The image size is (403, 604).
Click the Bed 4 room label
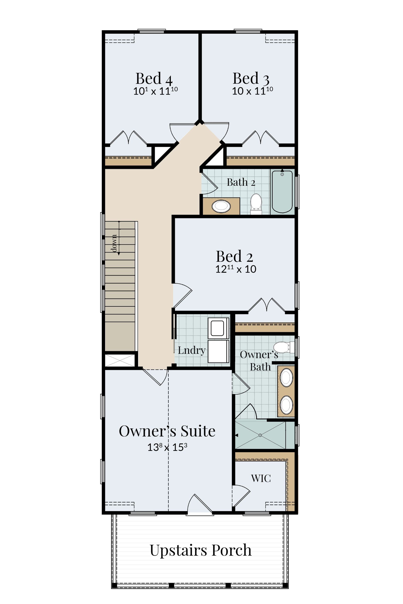[154, 78]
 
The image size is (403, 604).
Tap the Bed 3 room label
[251, 78]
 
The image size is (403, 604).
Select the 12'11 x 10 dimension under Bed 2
[236, 269]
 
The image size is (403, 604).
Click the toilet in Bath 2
[256, 204]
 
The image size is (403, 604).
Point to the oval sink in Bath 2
[221, 206]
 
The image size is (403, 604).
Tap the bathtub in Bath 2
[282, 191]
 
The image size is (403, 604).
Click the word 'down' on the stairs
[114, 243]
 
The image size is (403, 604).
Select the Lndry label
[191, 350]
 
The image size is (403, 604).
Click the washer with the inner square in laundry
[218, 328]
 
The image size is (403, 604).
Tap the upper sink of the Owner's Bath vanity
[286, 377]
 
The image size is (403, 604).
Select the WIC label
[261, 478]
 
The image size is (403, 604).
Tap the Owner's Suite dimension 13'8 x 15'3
[167, 447]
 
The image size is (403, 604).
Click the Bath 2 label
[241, 182]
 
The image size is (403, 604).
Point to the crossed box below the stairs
[120, 360]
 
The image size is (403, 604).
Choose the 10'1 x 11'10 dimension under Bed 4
[155, 91]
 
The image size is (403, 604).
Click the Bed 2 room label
[234, 256]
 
